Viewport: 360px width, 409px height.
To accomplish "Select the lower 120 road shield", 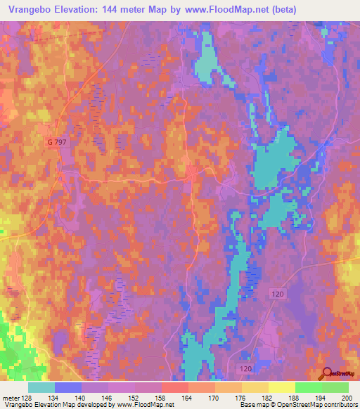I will point(243,368).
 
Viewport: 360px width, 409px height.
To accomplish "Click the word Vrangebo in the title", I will point(30,10).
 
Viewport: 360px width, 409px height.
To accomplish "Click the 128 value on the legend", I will point(27,398).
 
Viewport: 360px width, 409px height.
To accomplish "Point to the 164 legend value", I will point(187,398).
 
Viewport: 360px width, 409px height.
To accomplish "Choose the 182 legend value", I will point(267,398).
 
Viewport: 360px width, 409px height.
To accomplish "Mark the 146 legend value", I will point(108,398).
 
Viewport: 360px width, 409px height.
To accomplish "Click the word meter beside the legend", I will point(11,398).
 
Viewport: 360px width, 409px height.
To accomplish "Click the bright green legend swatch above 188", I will point(308,387).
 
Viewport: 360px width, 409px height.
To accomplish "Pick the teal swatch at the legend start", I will point(41,387).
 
